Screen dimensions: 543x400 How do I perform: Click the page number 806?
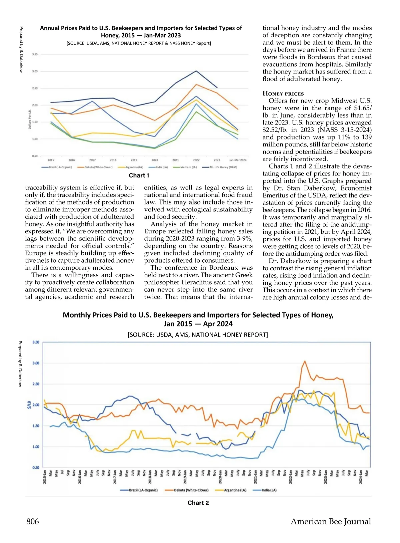pyautogui.click(x=33, y=521)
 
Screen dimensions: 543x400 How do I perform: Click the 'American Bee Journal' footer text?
pyautogui.click(x=331, y=521)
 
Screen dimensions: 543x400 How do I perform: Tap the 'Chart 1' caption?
pyautogui.click(x=139, y=175)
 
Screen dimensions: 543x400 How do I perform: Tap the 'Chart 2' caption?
pyautogui.click(x=198, y=503)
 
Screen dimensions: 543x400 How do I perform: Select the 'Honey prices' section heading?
pyautogui.click(x=283, y=94)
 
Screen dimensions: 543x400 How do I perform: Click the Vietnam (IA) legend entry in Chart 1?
pyautogui.click(x=188, y=167)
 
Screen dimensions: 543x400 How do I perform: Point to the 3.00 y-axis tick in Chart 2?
pyautogui.click(x=36, y=363)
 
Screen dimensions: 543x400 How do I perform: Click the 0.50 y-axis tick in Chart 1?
pyautogui.click(x=35, y=156)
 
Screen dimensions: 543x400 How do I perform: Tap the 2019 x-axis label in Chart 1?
pyautogui.click(x=134, y=160)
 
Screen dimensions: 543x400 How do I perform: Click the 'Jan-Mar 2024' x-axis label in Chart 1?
pyautogui.click(x=238, y=160)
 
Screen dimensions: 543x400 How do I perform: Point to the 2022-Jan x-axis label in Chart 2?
pyautogui.click(x=290, y=476)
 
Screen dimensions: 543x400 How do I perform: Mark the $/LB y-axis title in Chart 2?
pyautogui.click(x=29, y=405)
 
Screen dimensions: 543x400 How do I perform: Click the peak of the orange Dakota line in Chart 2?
pyautogui.click(x=305, y=361)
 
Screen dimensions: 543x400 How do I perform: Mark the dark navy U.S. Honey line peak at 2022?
pyautogui.click(x=196, y=71)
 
